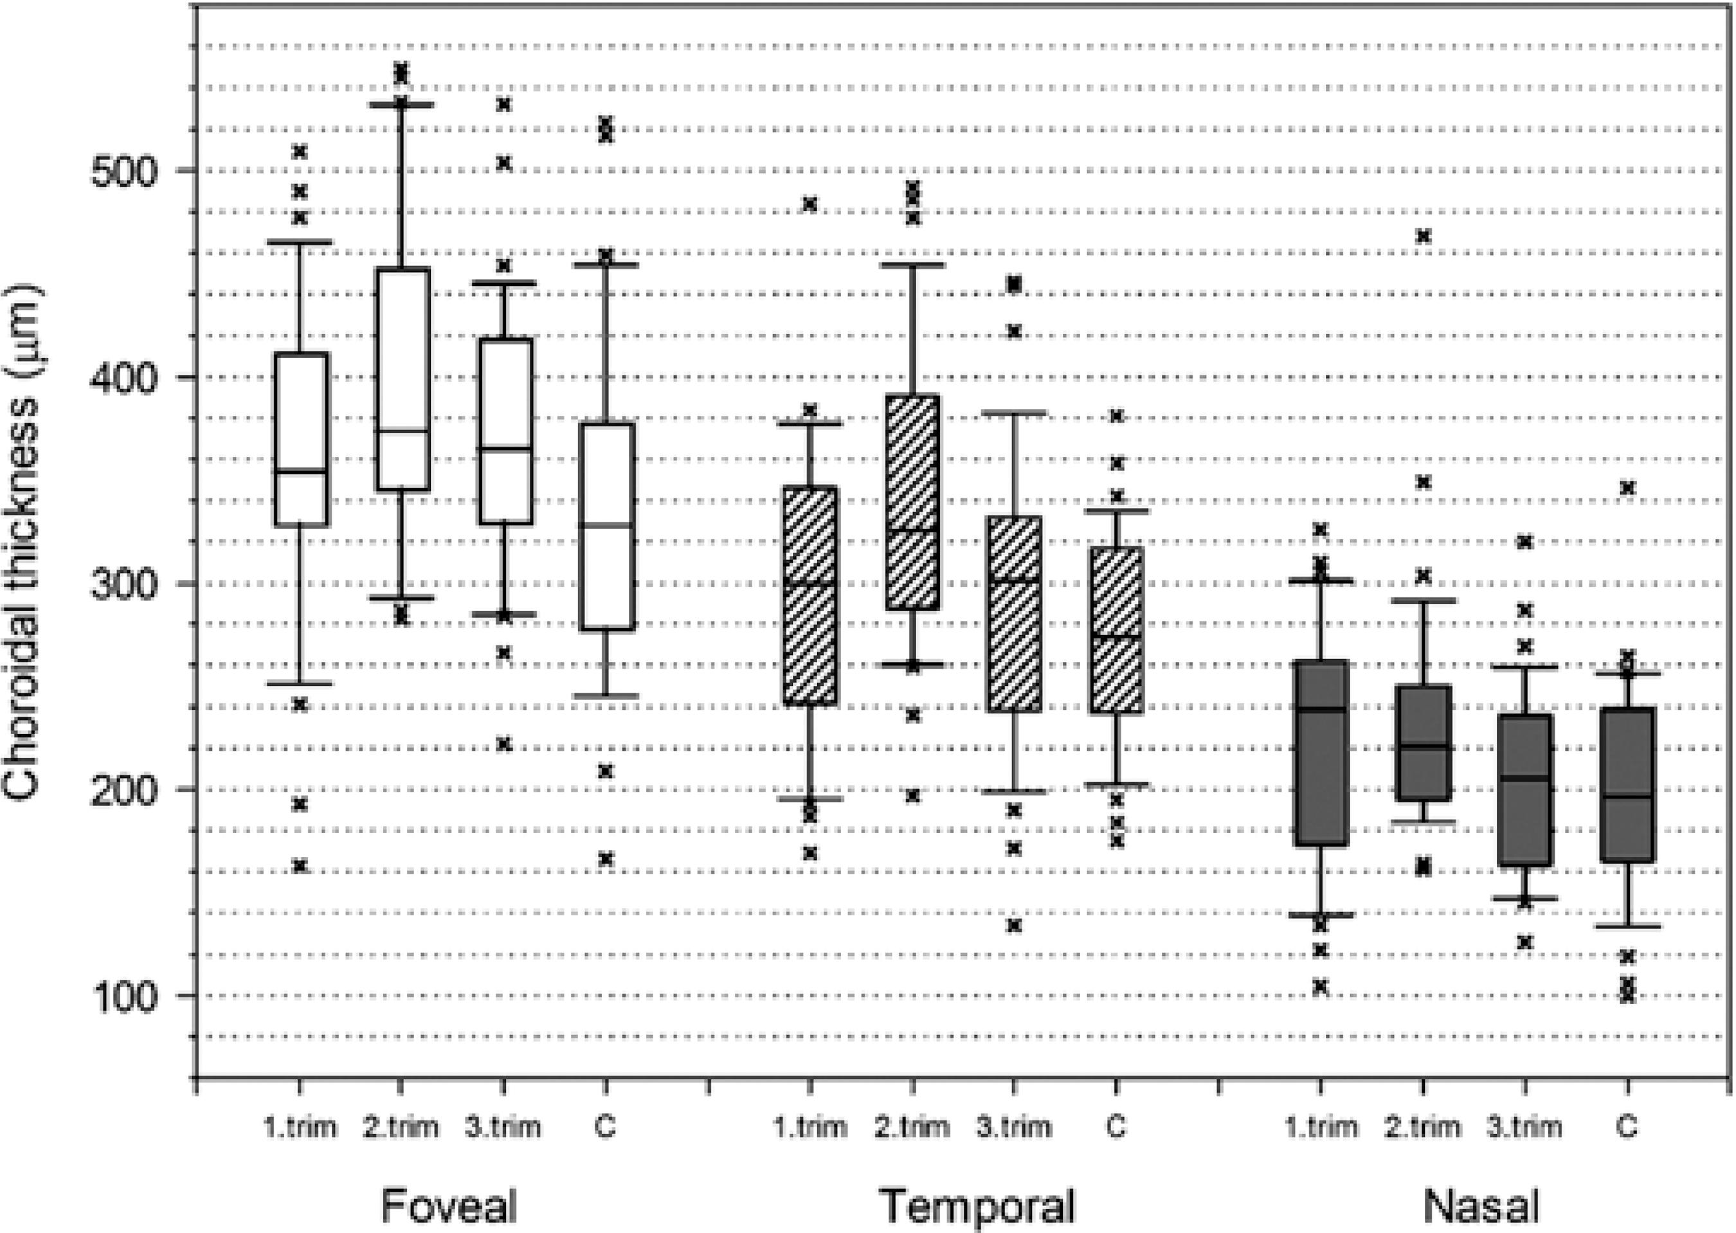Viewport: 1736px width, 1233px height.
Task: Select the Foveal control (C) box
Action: tap(606, 525)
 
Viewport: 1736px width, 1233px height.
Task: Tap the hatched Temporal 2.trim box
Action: tap(914, 501)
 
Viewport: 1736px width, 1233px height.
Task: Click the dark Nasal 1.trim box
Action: tap(1322, 751)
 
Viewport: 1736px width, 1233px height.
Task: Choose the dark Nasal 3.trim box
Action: tap(1524, 789)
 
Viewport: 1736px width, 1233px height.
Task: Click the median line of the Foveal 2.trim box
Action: tap(402, 431)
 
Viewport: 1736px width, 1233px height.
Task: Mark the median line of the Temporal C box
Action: tap(1116, 636)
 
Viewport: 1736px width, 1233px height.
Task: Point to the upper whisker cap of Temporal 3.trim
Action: tap(1015, 412)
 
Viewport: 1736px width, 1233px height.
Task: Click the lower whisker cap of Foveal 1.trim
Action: tap(301, 683)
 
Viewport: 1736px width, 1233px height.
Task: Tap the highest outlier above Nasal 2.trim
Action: tap(1423, 236)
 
